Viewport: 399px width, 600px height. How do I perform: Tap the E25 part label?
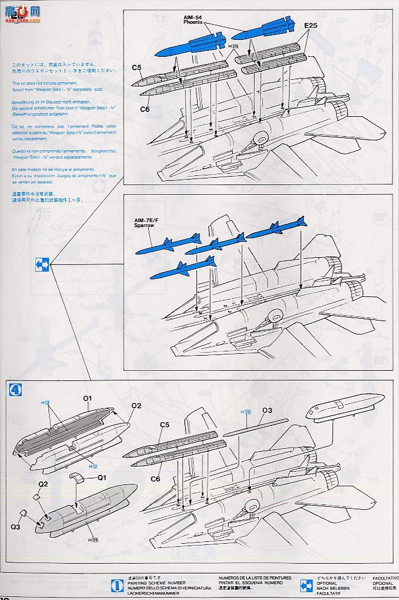311,25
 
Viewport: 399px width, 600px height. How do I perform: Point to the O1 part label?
86,399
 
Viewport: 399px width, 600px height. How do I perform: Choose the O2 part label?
135,405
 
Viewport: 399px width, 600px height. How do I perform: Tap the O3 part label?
268,410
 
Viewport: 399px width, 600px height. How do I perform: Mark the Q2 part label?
43,484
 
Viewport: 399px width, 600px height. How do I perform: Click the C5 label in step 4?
164,425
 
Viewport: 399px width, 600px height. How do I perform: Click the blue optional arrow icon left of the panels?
42,264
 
